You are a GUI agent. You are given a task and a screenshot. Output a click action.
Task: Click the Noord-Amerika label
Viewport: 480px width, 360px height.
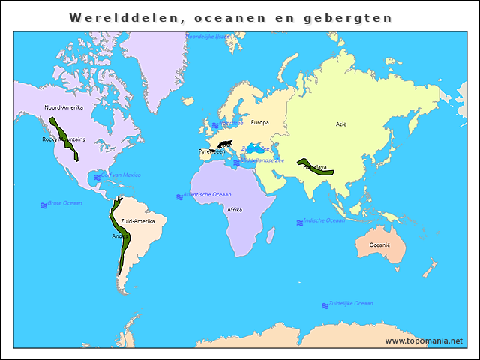pos(64,107)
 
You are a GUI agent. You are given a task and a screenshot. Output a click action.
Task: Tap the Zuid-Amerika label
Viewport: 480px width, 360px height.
pos(137,221)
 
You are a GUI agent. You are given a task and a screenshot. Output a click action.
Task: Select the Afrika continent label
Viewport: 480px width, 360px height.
pos(235,210)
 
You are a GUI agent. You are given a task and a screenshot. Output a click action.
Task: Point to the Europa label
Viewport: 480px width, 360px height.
pos(259,122)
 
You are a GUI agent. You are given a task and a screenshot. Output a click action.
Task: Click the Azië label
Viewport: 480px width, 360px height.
pos(341,124)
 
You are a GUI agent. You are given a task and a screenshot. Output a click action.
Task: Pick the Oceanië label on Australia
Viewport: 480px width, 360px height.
pos(379,244)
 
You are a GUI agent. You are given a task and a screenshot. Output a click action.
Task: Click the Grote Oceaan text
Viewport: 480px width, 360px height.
pos(64,203)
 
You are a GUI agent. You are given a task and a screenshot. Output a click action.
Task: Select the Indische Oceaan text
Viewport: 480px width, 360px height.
pos(325,220)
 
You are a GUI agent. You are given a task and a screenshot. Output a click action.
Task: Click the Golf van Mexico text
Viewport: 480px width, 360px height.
pos(120,175)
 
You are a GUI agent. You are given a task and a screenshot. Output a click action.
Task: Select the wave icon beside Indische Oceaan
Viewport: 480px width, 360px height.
pos(299,223)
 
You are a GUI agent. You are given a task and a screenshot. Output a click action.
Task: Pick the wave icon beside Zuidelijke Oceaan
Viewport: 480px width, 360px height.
pos(325,305)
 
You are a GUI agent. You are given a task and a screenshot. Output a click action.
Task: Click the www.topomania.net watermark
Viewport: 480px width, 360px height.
pos(424,340)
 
